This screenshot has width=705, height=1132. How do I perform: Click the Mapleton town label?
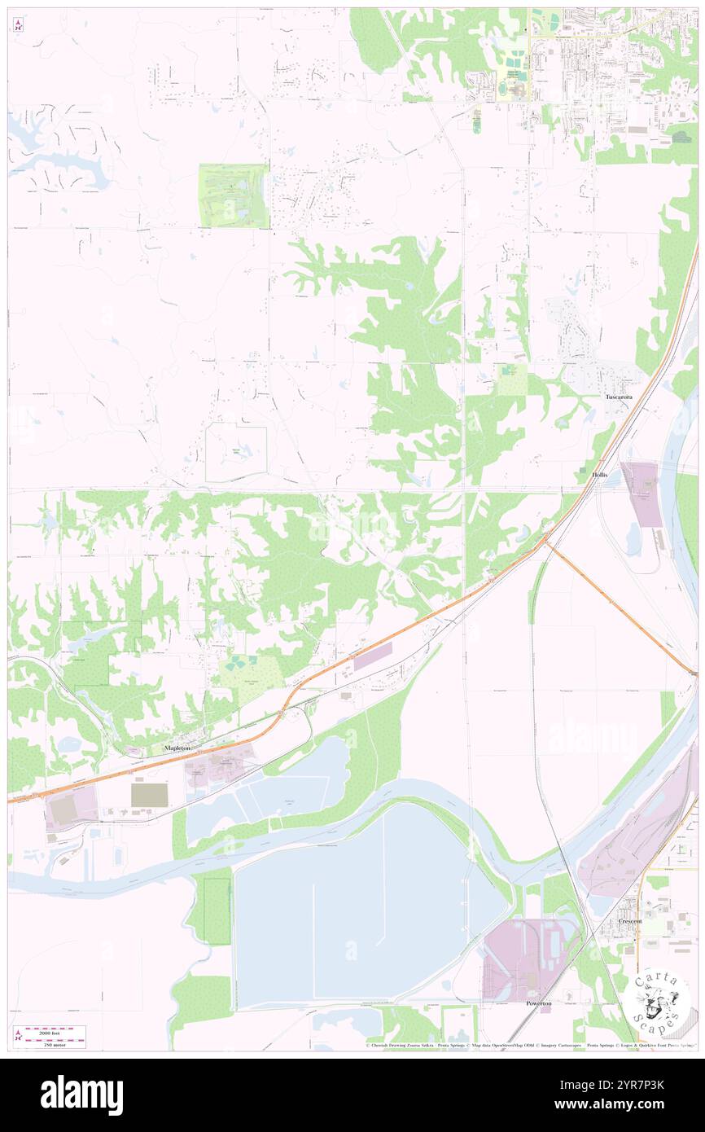coord(180,748)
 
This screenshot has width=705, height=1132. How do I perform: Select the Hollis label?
coord(600,474)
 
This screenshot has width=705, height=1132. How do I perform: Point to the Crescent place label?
coord(629,921)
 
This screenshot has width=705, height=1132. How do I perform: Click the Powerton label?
coord(538,1003)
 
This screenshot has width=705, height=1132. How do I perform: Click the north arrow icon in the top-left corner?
coord(18,25)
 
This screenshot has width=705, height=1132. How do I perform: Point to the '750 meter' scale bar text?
coord(55,1044)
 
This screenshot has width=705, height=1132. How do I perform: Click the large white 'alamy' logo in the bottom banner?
coord(81,1095)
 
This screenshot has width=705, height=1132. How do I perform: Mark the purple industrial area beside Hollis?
coord(642,493)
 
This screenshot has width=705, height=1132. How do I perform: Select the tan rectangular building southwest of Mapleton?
coord(149,795)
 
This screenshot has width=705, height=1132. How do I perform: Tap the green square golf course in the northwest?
coord(233,195)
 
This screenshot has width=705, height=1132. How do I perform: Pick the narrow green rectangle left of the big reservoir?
coord(217,910)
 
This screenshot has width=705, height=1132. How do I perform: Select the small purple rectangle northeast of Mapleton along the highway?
coord(372,656)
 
